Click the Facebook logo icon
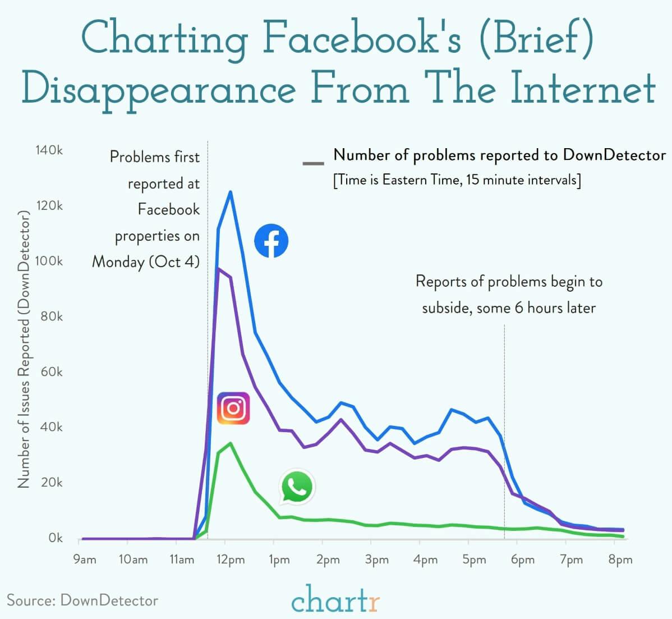click(x=271, y=241)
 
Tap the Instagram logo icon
click(x=233, y=408)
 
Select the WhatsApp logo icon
click(x=297, y=487)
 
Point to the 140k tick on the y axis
click(x=49, y=150)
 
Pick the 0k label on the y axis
click(x=55, y=538)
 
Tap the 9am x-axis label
click(x=85, y=560)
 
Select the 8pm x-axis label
click(x=620, y=560)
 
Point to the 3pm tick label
click(x=376, y=560)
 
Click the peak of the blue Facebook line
click(x=230, y=192)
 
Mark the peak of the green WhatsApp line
click(x=231, y=443)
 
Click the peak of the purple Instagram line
click(x=218, y=268)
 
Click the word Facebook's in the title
click(x=362, y=39)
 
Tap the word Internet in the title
click(x=583, y=88)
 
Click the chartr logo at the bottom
click(x=335, y=599)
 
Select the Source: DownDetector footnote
click(x=82, y=600)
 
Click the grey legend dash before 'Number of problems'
click(x=313, y=164)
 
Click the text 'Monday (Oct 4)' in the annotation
click(x=146, y=262)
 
